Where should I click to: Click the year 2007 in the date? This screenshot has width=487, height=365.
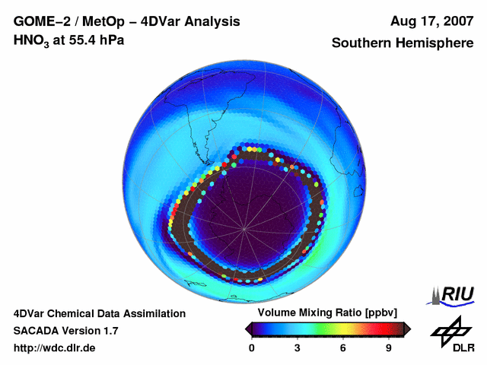tap(456, 22)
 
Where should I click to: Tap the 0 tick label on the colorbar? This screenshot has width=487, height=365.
tap(252, 348)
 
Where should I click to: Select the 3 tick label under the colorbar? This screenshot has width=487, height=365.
tap(298, 348)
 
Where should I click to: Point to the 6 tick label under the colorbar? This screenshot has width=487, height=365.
tap(343, 348)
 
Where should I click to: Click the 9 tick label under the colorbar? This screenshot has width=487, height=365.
tap(389, 348)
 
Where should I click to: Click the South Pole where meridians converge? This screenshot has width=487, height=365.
tap(243, 227)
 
